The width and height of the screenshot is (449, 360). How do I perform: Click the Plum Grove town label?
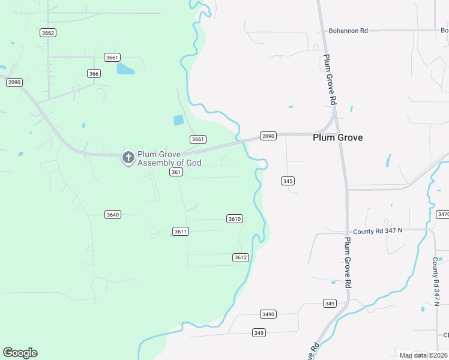[x=337, y=137]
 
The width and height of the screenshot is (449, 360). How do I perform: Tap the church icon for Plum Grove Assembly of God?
[x=128, y=158]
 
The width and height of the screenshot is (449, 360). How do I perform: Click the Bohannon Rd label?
[x=348, y=31]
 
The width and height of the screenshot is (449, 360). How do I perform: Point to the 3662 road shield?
[x=49, y=32]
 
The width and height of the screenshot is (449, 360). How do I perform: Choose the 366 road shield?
[x=94, y=73]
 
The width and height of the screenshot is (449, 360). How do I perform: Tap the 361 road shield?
[x=175, y=172]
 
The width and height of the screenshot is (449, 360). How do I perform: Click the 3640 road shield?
[x=112, y=214]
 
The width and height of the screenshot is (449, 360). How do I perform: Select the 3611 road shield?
[x=180, y=231]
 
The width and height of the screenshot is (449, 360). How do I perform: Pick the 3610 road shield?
[x=235, y=218]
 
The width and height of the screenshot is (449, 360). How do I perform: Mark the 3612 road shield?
[x=240, y=257]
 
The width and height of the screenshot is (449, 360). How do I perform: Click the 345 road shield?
[x=288, y=181]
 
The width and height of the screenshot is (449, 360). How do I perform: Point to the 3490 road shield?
[x=268, y=314]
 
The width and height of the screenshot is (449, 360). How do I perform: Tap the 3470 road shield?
[x=443, y=214]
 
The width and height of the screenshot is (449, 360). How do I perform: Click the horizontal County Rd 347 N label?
[x=378, y=231]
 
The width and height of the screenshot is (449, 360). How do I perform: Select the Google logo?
[x=20, y=353]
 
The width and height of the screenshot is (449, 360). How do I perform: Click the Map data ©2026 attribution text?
[x=424, y=355]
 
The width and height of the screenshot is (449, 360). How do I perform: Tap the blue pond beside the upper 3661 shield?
[x=125, y=68]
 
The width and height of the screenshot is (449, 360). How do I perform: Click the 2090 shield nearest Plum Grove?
[x=268, y=136]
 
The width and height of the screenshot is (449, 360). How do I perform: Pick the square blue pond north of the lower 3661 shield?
[x=178, y=120]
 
